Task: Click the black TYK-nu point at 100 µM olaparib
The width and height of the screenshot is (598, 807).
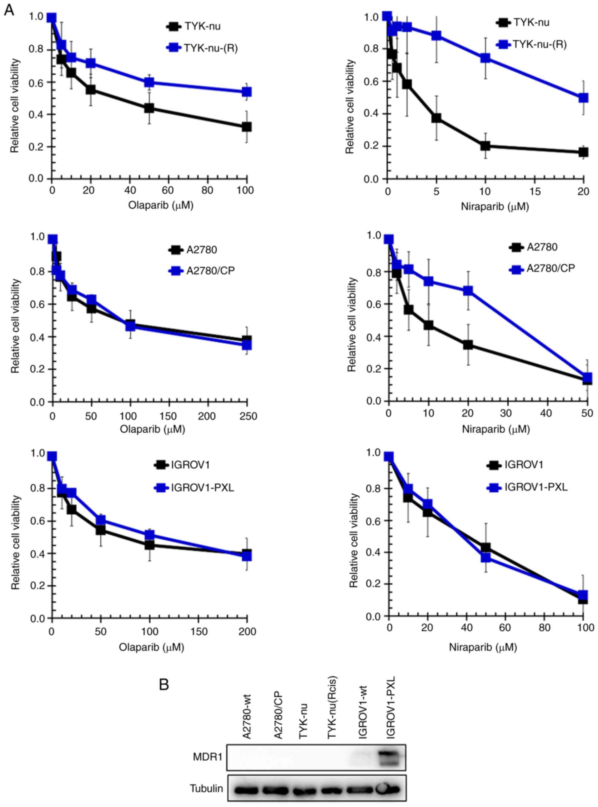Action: [x=247, y=127]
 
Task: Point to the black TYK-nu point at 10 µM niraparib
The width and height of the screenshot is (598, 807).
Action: [x=485, y=146]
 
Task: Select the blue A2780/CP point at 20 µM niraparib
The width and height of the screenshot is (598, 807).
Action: [x=468, y=291]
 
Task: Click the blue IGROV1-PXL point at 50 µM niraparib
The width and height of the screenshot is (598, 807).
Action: [x=486, y=557]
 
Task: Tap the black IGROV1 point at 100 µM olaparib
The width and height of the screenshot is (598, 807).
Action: [x=149, y=545]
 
